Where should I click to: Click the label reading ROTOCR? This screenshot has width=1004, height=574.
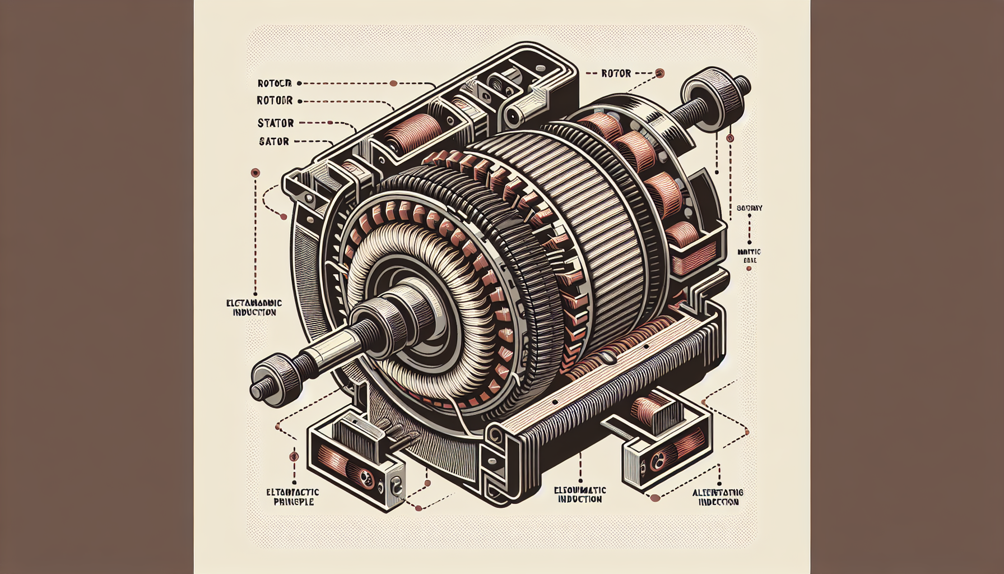click(x=274, y=84)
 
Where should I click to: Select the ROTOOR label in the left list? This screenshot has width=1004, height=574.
click(x=275, y=101)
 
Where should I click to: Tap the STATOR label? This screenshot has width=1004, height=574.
click(x=276, y=123)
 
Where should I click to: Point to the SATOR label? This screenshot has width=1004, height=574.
click(x=274, y=142)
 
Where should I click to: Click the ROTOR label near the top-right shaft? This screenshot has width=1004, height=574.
click(x=616, y=73)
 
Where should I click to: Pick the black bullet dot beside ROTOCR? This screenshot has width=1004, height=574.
click(x=299, y=84)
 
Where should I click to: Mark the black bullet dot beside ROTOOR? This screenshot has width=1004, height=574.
click(x=300, y=101)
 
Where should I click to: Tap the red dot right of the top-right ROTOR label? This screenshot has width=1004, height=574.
click(x=659, y=73)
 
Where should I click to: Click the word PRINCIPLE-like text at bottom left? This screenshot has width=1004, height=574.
click(x=293, y=502)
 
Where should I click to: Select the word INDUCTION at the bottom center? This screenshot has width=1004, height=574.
click(x=580, y=499)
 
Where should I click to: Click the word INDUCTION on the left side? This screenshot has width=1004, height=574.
click(x=254, y=312)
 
